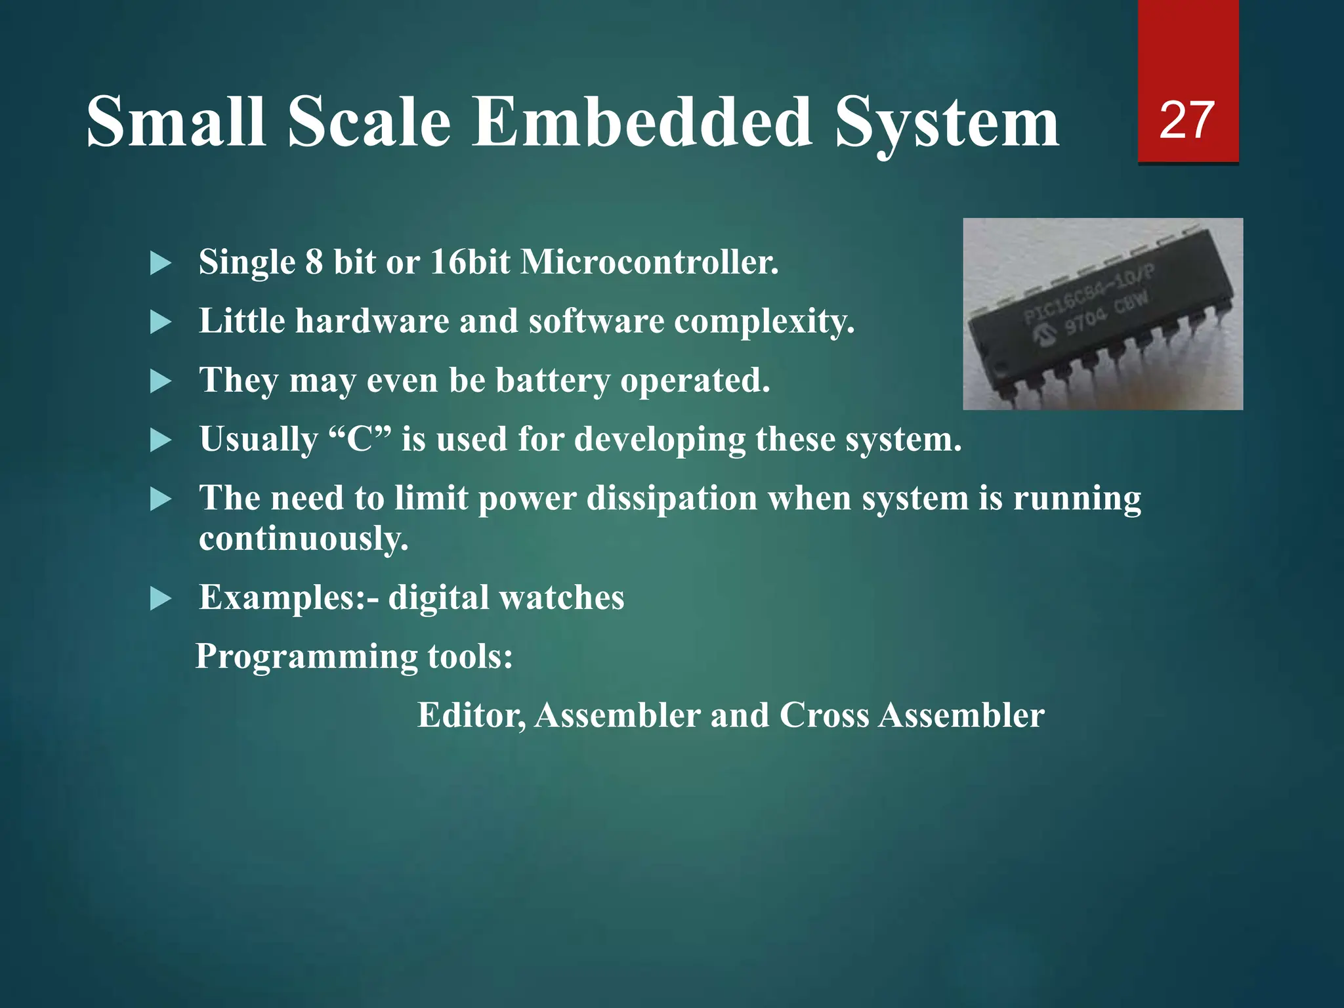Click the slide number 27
(1186, 120)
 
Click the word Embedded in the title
(642, 122)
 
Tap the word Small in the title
(176, 122)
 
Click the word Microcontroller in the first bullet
(649, 262)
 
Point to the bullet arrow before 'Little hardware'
(160, 322)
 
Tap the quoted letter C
(359, 439)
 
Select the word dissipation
(671, 498)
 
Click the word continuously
(303, 539)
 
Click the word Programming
(306, 657)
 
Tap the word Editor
(471, 715)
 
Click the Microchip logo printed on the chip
(1042, 337)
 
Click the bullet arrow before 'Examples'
(160, 598)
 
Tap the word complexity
(764, 322)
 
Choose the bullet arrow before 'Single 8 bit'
(160, 264)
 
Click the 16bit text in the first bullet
(470, 262)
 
